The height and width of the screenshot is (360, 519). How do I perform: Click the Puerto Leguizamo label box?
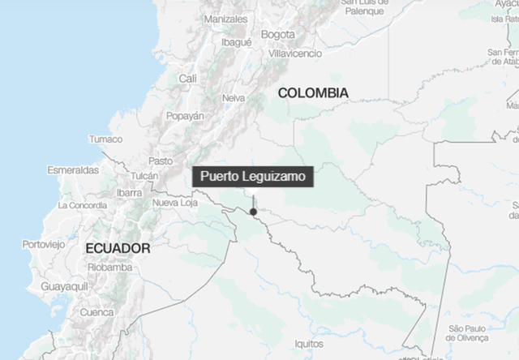[251, 177]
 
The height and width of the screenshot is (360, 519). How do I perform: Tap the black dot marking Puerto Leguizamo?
[254, 212]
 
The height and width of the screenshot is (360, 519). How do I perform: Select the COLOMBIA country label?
[313, 93]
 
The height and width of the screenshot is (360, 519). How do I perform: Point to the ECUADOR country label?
[118, 248]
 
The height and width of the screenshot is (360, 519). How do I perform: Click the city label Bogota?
[278, 34]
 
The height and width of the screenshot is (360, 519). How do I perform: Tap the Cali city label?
[188, 78]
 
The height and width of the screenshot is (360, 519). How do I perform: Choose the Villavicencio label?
[295, 53]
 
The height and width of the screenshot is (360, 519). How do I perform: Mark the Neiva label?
[234, 97]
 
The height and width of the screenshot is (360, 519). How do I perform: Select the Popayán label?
[185, 116]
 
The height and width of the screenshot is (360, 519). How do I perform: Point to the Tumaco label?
[105, 139]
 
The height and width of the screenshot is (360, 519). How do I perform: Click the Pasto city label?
[160, 161]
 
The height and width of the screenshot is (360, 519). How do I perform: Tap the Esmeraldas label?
[73, 170]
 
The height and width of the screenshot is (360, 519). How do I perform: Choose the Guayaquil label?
[65, 287]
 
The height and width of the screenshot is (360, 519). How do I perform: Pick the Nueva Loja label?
[176, 202]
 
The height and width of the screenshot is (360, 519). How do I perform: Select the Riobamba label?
[110, 267]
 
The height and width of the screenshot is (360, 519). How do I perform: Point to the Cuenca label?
[97, 312]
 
